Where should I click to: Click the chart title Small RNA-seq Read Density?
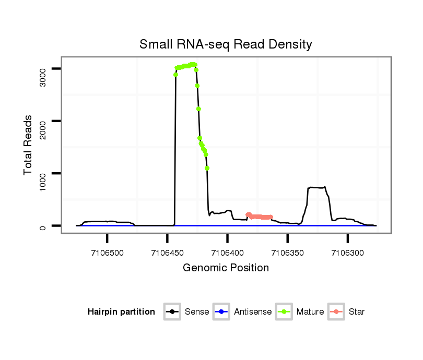tap(226, 44)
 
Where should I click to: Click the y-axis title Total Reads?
tap(29, 145)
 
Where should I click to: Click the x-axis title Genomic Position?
tap(226, 268)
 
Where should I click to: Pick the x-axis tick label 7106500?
tap(107, 253)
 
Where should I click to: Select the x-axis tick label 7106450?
tap(167, 253)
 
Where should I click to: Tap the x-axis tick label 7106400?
tap(227, 253)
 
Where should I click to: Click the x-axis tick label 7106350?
tap(287, 253)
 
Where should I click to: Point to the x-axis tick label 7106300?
tap(348, 253)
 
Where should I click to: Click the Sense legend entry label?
tap(197, 312)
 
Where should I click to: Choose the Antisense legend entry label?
tap(253, 312)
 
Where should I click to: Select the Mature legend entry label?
tap(310, 312)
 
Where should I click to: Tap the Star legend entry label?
tap(357, 312)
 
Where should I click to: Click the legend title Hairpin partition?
tap(121, 312)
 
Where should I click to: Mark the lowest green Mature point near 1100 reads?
tap(207, 168)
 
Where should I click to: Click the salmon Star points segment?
tap(260, 217)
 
